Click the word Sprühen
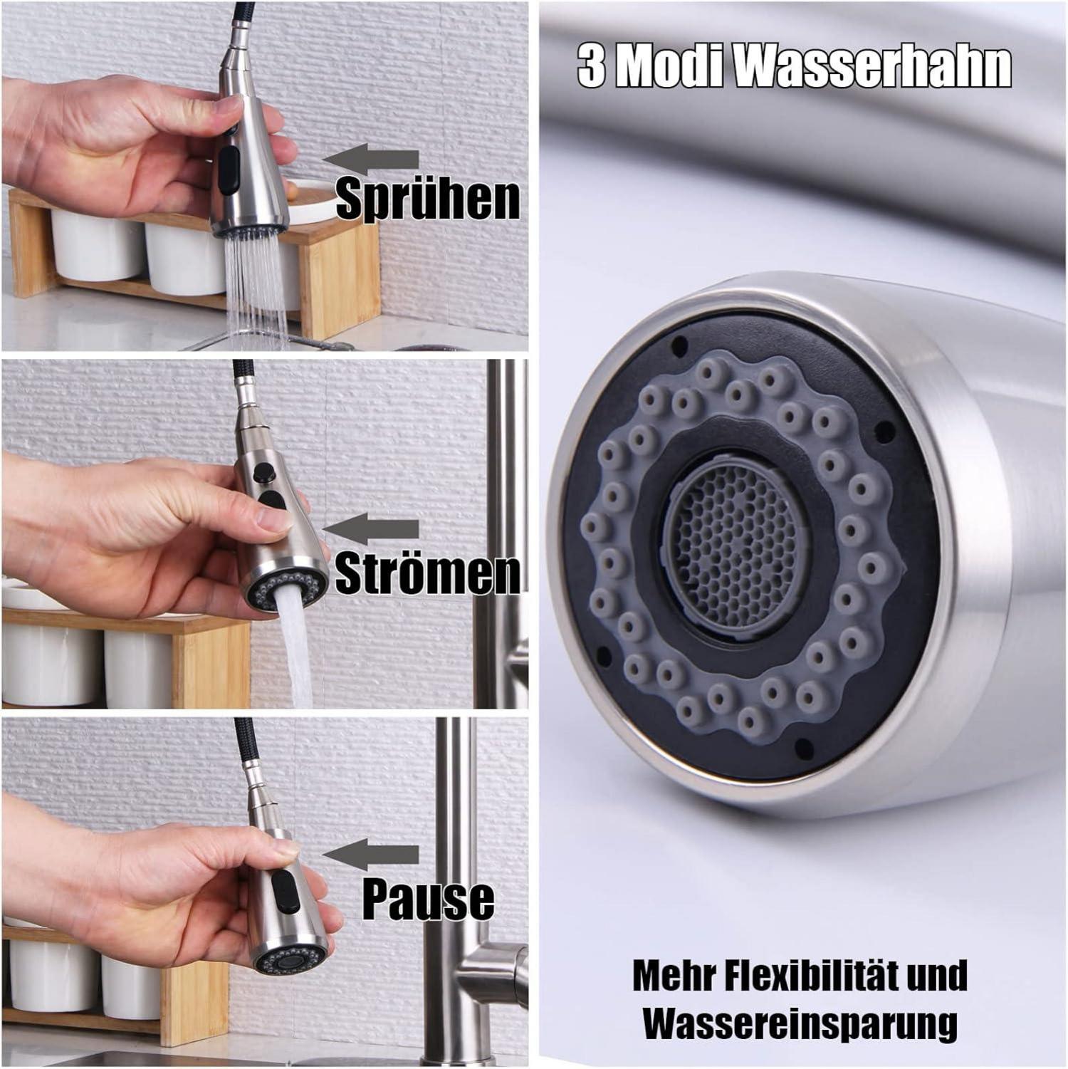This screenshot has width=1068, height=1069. (x=428, y=199)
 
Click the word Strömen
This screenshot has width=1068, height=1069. (x=427, y=573)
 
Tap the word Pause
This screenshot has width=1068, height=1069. (x=429, y=899)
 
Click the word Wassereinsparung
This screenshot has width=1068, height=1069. (x=800, y=1023)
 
